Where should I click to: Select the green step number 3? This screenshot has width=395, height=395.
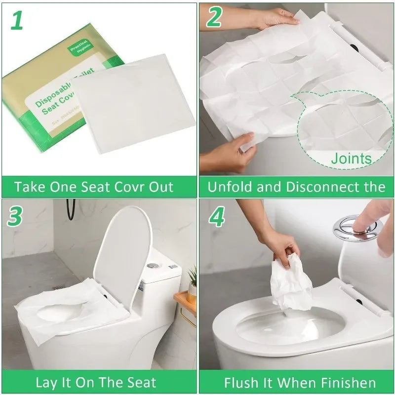click(x=16, y=216)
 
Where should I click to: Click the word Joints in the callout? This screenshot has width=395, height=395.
click(x=351, y=159)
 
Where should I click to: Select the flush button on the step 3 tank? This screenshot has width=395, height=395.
click(x=153, y=265)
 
